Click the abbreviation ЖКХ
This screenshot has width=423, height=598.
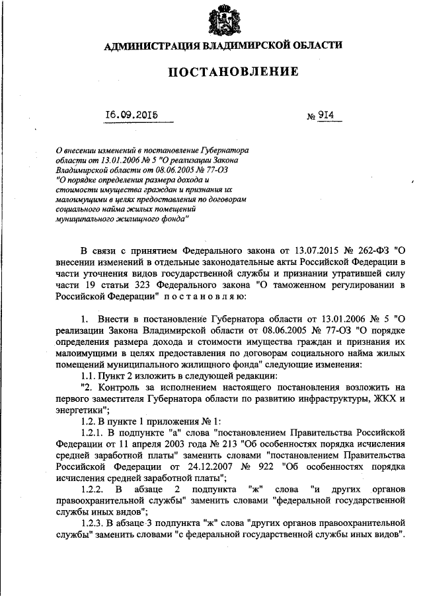point(383,400)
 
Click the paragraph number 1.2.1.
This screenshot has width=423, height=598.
point(92,434)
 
